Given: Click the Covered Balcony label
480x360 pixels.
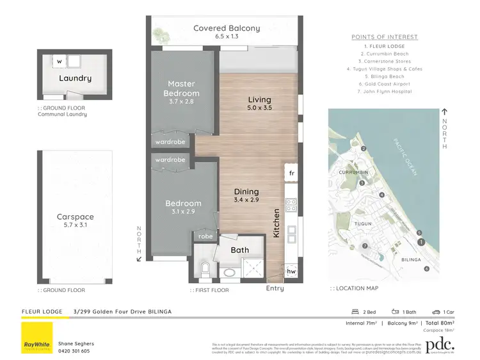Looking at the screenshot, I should click(227, 28).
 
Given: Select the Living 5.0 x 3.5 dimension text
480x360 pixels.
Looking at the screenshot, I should click(259, 108).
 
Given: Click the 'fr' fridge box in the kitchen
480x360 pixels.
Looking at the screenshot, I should click(291, 173).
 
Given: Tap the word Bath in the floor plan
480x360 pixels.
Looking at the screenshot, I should click(240, 250).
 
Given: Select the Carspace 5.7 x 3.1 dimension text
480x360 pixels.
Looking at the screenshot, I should click(75, 226).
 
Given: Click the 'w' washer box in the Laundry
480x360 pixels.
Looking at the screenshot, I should click(59, 61).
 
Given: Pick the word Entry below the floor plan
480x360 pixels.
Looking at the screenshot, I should click(275, 289).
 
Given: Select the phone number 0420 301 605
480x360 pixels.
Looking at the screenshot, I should click(74, 350).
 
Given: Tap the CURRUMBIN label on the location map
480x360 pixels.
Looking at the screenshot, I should click(351, 172).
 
